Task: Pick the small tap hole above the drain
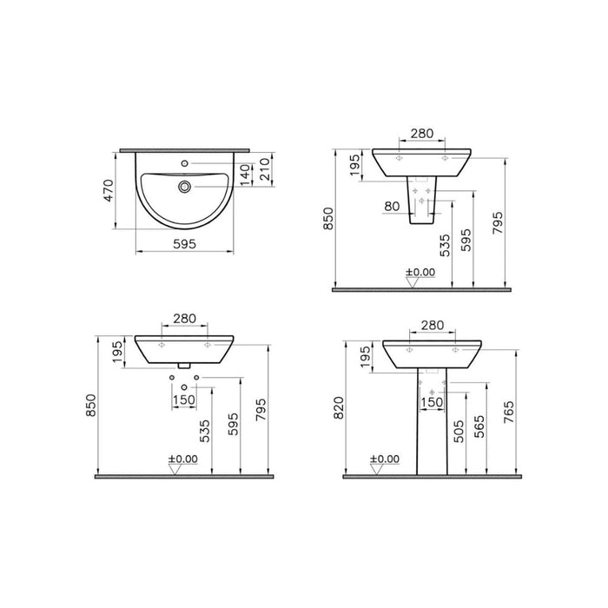point(184,163)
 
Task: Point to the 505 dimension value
point(459,429)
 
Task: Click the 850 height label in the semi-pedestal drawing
point(327,223)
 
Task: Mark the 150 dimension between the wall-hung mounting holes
point(184,401)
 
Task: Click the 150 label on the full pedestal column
point(432,401)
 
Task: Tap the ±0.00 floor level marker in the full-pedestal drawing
point(383,459)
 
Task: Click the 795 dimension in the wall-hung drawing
point(261,406)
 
